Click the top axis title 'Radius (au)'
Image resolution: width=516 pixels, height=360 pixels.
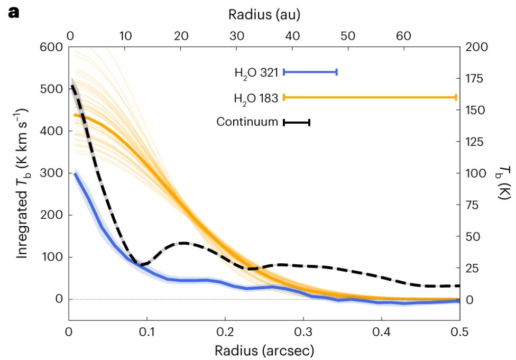[264, 14]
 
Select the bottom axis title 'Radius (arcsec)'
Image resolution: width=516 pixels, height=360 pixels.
[264, 350]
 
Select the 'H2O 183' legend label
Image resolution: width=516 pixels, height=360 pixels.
[256, 98]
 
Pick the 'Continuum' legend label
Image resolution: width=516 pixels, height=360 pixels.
[247, 122]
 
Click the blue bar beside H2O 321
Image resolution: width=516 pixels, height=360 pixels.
[310, 72]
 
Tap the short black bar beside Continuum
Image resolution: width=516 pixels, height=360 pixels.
[297, 123]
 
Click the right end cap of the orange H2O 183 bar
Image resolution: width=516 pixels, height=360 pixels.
[455, 97]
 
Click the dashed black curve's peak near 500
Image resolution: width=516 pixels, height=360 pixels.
[72, 86]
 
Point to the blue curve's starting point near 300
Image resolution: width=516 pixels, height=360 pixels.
[75, 173]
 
